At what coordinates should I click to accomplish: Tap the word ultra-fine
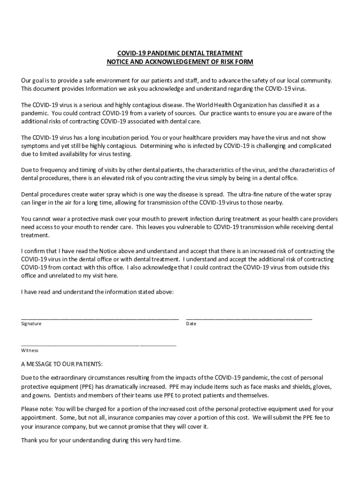tap(254, 194)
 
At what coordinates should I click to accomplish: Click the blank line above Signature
tap(100, 318)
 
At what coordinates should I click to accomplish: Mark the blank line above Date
tap(249, 318)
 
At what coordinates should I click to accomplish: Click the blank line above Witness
tap(99, 345)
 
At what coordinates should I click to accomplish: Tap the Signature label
tap(31, 324)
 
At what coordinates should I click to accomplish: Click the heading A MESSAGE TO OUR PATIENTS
tap(62, 364)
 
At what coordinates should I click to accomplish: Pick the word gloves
tap(322, 386)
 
